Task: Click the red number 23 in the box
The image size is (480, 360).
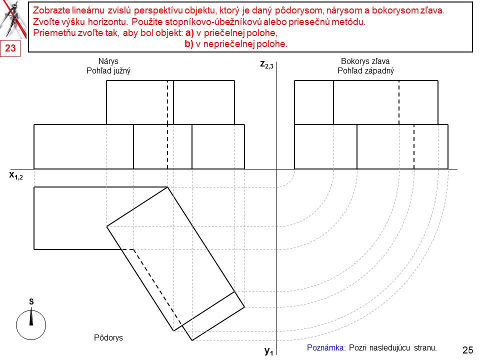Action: pos(10,48)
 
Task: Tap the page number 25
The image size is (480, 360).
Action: pos(468,350)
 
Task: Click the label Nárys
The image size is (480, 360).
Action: pos(108,61)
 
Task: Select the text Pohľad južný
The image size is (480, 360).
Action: pos(108,71)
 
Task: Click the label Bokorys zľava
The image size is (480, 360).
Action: pos(365,61)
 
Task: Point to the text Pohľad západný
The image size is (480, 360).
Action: pos(365,71)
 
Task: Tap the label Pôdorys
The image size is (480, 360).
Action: pos(108,337)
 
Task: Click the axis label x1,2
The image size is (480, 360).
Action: pos(16,175)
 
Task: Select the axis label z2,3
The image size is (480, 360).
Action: pos(266,64)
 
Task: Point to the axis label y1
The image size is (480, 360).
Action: pos(269,351)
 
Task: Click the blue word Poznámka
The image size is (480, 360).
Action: pos(326,348)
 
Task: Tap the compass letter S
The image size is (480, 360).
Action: pos(31,301)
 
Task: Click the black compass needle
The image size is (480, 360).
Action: pos(31,317)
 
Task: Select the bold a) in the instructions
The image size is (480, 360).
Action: pos(190,33)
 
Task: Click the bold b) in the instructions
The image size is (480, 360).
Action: pos(189,44)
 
